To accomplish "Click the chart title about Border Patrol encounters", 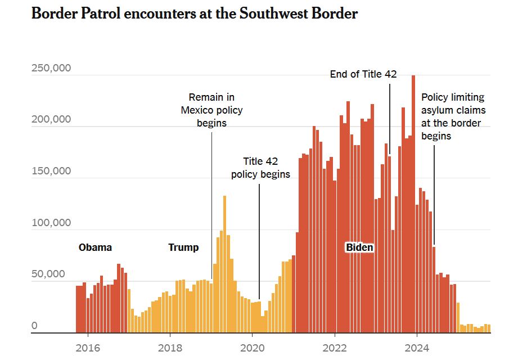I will (195, 14).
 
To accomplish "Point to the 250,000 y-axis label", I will (51, 68).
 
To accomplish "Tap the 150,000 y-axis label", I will (51, 171).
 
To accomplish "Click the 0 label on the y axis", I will (34, 326).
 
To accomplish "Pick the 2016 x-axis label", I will (88, 347).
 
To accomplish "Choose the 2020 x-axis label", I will (252, 347).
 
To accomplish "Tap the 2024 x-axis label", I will (417, 347).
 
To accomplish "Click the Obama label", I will (95, 247).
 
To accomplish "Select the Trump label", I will (183, 247).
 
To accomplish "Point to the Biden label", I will (359, 247).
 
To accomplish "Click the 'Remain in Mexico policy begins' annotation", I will (211, 110).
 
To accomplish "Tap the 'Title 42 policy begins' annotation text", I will (260, 168).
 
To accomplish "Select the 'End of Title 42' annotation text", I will (363, 74).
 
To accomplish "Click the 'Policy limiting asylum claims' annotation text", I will (453, 116).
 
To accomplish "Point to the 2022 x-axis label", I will (335, 347).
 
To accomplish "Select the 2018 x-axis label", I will (170, 347).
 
